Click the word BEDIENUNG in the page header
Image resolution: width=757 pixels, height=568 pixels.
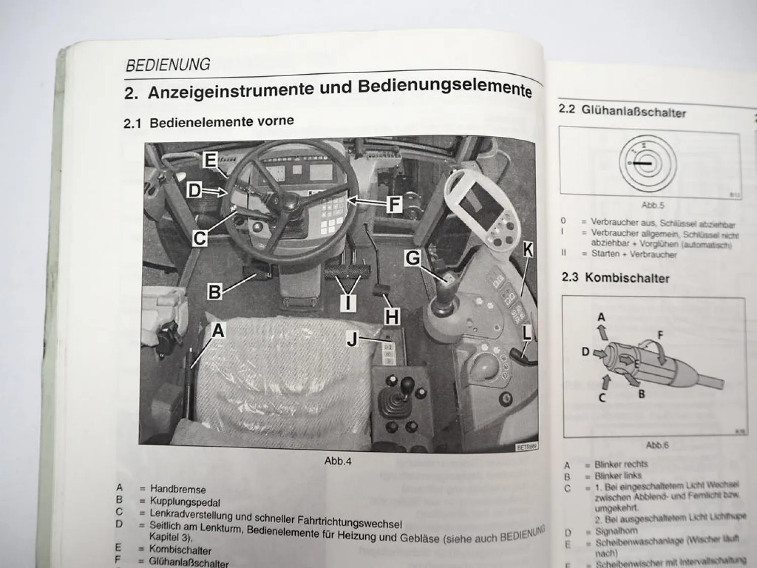click(x=168, y=65)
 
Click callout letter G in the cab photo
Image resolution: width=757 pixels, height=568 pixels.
click(x=413, y=258)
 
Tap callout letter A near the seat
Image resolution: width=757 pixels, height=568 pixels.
click(x=218, y=331)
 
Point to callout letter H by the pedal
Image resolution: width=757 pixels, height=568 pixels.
click(x=392, y=317)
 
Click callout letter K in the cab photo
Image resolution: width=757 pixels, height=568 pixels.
click(x=528, y=249)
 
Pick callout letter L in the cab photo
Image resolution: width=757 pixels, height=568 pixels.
click(x=526, y=333)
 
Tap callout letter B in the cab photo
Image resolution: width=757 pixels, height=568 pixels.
click(x=214, y=292)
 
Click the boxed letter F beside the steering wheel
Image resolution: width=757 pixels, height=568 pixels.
click(x=394, y=204)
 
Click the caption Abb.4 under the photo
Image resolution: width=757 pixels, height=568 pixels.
click(x=338, y=461)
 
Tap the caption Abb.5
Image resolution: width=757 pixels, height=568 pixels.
click(x=653, y=205)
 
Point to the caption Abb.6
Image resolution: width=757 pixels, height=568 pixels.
click(x=657, y=445)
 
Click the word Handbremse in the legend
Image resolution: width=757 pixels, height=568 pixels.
click(x=178, y=489)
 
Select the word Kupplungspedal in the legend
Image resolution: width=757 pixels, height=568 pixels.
click(x=185, y=502)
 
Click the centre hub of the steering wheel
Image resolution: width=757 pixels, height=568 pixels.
click(x=291, y=201)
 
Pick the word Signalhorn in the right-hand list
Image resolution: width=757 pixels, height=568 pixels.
click(x=616, y=531)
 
